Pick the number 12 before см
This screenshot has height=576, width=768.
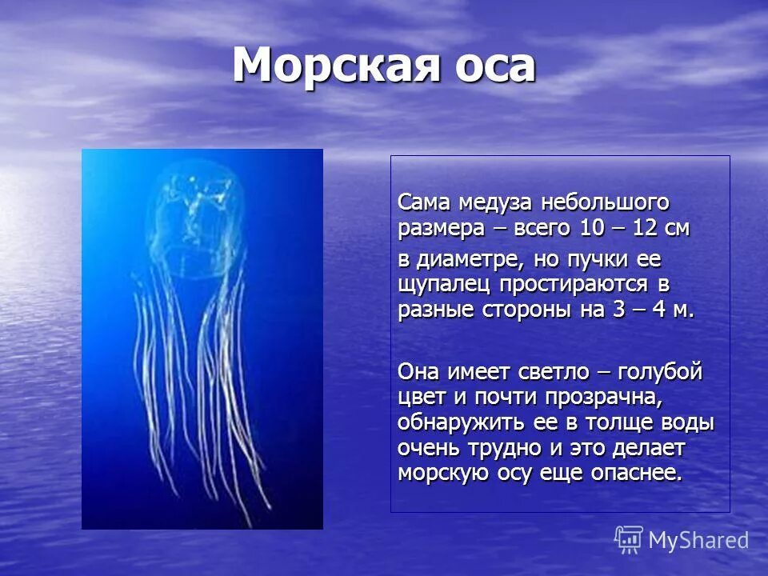tap(646, 228)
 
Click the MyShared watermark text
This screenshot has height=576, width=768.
tap(698, 540)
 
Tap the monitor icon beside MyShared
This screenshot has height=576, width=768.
tap(629, 539)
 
